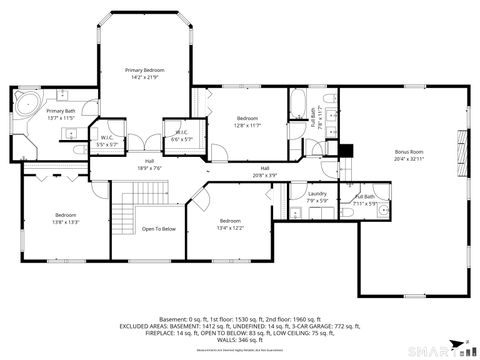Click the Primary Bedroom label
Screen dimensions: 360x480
pos(144,73)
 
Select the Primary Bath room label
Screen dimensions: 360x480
pos(61,114)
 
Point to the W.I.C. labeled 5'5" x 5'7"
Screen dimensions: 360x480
pos(107,141)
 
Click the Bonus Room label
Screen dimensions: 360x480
pos(408,155)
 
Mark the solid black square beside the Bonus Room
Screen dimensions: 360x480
pos(346,152)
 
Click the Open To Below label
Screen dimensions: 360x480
pos(159,229)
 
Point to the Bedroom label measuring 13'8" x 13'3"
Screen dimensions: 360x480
pos(65,218)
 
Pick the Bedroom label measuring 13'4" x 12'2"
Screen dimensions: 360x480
pos(230,223)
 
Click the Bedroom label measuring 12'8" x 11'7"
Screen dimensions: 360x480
pos(247,121)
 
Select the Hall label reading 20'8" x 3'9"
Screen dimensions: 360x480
pos(264,170)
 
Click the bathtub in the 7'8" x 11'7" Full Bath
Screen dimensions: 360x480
pos(298,102)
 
